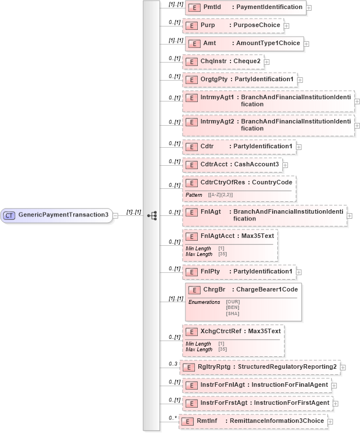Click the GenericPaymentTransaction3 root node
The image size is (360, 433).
[56, 215]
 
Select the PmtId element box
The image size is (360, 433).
[245, 8]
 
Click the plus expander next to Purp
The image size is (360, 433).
[287, 26]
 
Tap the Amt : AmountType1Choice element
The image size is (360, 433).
[244, 43]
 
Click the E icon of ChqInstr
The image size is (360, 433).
[192, 61]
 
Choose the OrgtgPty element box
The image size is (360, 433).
[239, 79]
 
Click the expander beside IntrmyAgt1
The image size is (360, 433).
[357, 101]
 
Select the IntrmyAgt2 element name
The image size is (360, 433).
[217, 121]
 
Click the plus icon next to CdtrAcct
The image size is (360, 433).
[285, 165]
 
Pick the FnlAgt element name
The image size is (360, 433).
[211, 211]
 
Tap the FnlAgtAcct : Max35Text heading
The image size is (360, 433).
[230, 236]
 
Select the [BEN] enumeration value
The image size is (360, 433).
[232, 307]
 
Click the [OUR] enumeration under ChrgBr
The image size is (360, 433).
[232, 302]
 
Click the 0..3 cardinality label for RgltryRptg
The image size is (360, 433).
[173, 364]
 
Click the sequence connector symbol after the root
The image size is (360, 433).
[152, 215]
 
